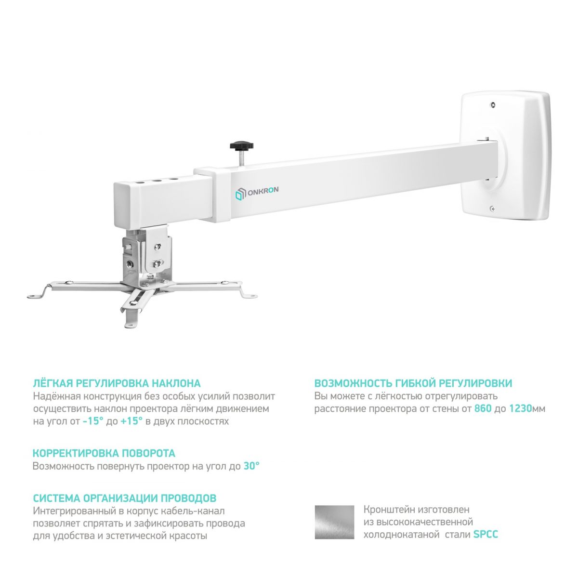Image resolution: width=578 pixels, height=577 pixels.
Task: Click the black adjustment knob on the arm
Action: [x=241, y=146]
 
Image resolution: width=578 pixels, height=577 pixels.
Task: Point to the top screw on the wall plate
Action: [x=493, y=105]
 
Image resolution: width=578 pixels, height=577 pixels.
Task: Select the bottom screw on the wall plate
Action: [x=493, y=208]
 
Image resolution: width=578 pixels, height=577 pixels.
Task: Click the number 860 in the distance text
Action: [x=483, y=409]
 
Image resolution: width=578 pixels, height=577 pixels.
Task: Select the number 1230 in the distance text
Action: [x=520, y=409]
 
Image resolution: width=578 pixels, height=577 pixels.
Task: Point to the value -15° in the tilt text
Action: [x=93, y=421]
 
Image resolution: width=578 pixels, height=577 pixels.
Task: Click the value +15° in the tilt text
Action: [x=131, y=421]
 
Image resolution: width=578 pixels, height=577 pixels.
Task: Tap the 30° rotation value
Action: [x=251, y=466]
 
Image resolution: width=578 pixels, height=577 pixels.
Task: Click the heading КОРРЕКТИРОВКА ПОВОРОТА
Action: [x=104, y=453]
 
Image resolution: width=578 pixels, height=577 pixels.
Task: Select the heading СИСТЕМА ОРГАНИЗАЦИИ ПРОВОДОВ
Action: [x=124, y=498]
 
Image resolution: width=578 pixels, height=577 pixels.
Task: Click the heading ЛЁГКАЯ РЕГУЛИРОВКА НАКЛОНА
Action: [x=117, y=383]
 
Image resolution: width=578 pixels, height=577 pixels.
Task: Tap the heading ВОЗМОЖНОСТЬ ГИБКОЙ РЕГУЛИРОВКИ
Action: [x=413, y=383]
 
